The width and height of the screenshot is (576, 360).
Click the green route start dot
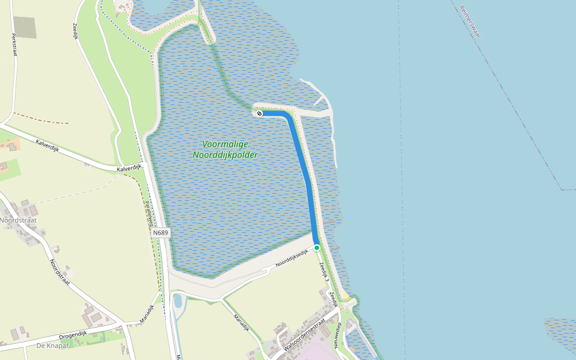coord(317,247)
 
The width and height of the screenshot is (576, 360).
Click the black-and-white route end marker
coord(259,113)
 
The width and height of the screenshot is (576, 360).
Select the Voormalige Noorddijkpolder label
coord(225,149)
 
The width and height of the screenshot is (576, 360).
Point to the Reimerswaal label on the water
coord(470,22)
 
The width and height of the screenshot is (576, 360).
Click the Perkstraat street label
coord(13,44)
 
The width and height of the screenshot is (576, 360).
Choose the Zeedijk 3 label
coord(324,272)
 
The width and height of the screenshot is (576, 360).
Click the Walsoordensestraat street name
coord(304,334)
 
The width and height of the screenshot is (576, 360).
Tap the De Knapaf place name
coord(50,346)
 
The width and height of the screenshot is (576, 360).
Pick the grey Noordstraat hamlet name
coord(18,220)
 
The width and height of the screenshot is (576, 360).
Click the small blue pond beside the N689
coord(178,301)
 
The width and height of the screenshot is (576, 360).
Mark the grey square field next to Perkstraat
coord(25,27)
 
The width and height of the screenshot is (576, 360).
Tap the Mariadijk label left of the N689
coord(147,314)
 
